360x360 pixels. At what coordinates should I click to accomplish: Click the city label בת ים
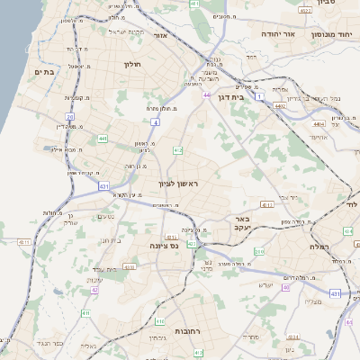[44, 72]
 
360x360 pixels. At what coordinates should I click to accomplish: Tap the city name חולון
[131, 64]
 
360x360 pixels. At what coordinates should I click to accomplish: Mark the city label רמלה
[319, 246]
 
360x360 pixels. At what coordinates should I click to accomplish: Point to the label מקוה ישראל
[126, 32]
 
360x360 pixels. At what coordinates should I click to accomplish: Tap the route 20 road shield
[70, 117]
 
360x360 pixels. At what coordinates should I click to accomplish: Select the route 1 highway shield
[260, 94]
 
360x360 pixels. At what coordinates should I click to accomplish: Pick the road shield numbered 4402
[281, 105]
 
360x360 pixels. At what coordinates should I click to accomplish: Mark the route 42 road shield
[94, 291]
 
